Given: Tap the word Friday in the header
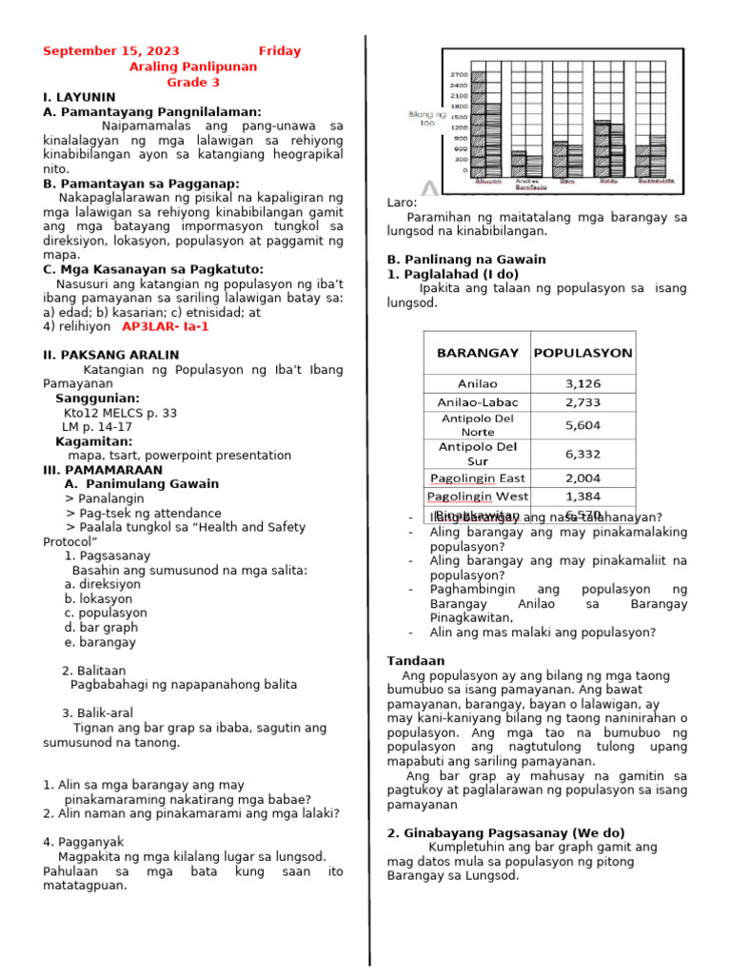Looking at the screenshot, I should tap(279, 51).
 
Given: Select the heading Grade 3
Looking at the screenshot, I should tap(193, 82).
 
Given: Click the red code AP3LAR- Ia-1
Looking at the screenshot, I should tap(166, 326).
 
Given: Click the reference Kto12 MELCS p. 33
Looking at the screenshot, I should tap(120, 413).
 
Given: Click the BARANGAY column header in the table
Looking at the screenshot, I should tap(478, 353).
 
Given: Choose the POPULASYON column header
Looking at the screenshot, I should tap(583, 353).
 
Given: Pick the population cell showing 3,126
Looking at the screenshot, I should tap(583, 384).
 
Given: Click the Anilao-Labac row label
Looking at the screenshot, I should tap(478, 402).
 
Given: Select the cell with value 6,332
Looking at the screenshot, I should tap(583, 454).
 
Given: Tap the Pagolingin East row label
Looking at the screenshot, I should tap(478, 478).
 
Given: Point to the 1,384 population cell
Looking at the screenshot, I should tap(583, 497).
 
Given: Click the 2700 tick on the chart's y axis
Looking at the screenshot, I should tap(459, 75).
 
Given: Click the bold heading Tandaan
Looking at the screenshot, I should tap(416, 661).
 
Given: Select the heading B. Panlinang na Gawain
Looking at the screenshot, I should tap(466, 259).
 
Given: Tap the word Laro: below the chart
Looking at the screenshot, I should tap(403, 203).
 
